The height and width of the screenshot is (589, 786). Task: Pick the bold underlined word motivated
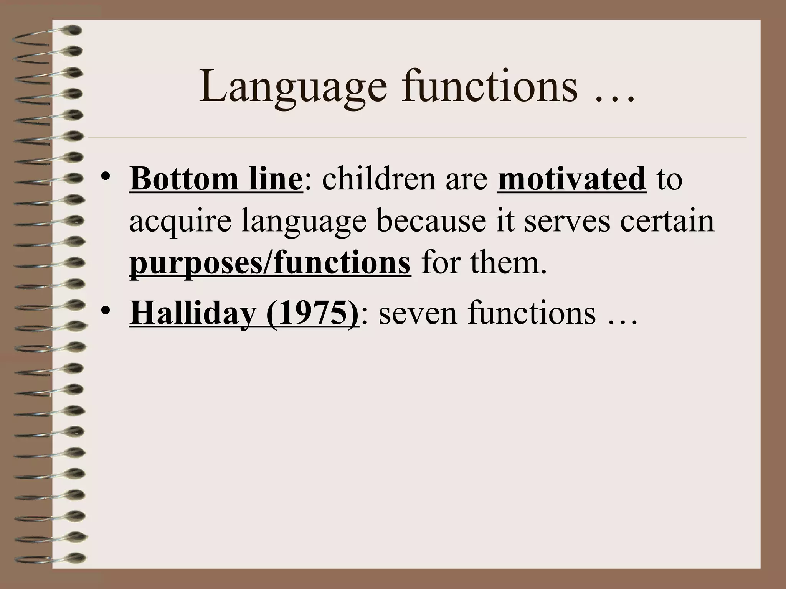(572, 179)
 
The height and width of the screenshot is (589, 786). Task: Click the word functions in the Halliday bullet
(532, 313)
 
